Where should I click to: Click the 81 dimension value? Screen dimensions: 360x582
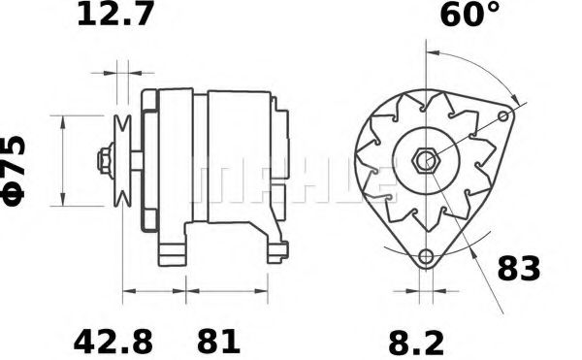tap(218, 342)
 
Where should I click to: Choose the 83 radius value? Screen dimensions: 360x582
tap(518, 269)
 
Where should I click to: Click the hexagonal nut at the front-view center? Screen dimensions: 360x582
tap(424, 160)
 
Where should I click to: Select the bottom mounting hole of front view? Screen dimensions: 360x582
tap(425, 257)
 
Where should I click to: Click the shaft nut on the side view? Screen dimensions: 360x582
tap(103, 160)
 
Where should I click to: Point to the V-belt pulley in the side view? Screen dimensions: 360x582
tap(121, 160)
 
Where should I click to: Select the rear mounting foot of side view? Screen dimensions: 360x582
tap(275, 250)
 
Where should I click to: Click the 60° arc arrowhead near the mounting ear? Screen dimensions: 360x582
tap(512, 102)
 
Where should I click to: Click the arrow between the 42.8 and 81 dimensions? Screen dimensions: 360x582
tap(185, 290)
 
